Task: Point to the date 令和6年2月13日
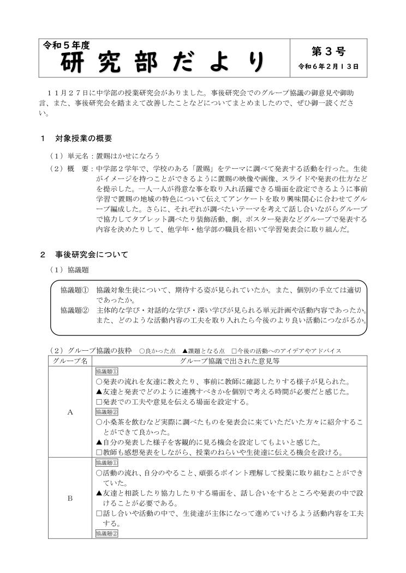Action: coord(329,67)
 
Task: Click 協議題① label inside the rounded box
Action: coord(74,290)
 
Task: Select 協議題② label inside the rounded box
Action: coord(74,310)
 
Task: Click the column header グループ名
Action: coord(69,361)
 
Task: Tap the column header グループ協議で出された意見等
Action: coord(229,361)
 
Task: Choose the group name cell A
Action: coord(70,412)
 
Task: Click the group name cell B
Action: coord(70,497)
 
